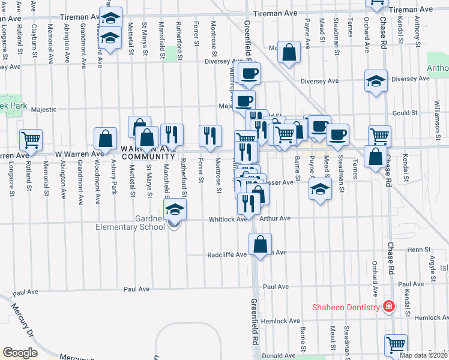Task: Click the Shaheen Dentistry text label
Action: point(345,307)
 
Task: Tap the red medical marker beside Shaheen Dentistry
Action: point(388,307)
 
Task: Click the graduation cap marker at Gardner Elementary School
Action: point(175,210)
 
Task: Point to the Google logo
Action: point(20,352)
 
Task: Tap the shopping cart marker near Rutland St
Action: point(31,140)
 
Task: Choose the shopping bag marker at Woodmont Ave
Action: point(106,139)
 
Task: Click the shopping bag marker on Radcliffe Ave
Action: point(260,244)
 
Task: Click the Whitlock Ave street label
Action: point(228,219)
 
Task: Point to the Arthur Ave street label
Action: point(276,218)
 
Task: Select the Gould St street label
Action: point(405,113)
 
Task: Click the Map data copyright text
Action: point(423,355)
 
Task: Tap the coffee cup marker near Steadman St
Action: point(337,134)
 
